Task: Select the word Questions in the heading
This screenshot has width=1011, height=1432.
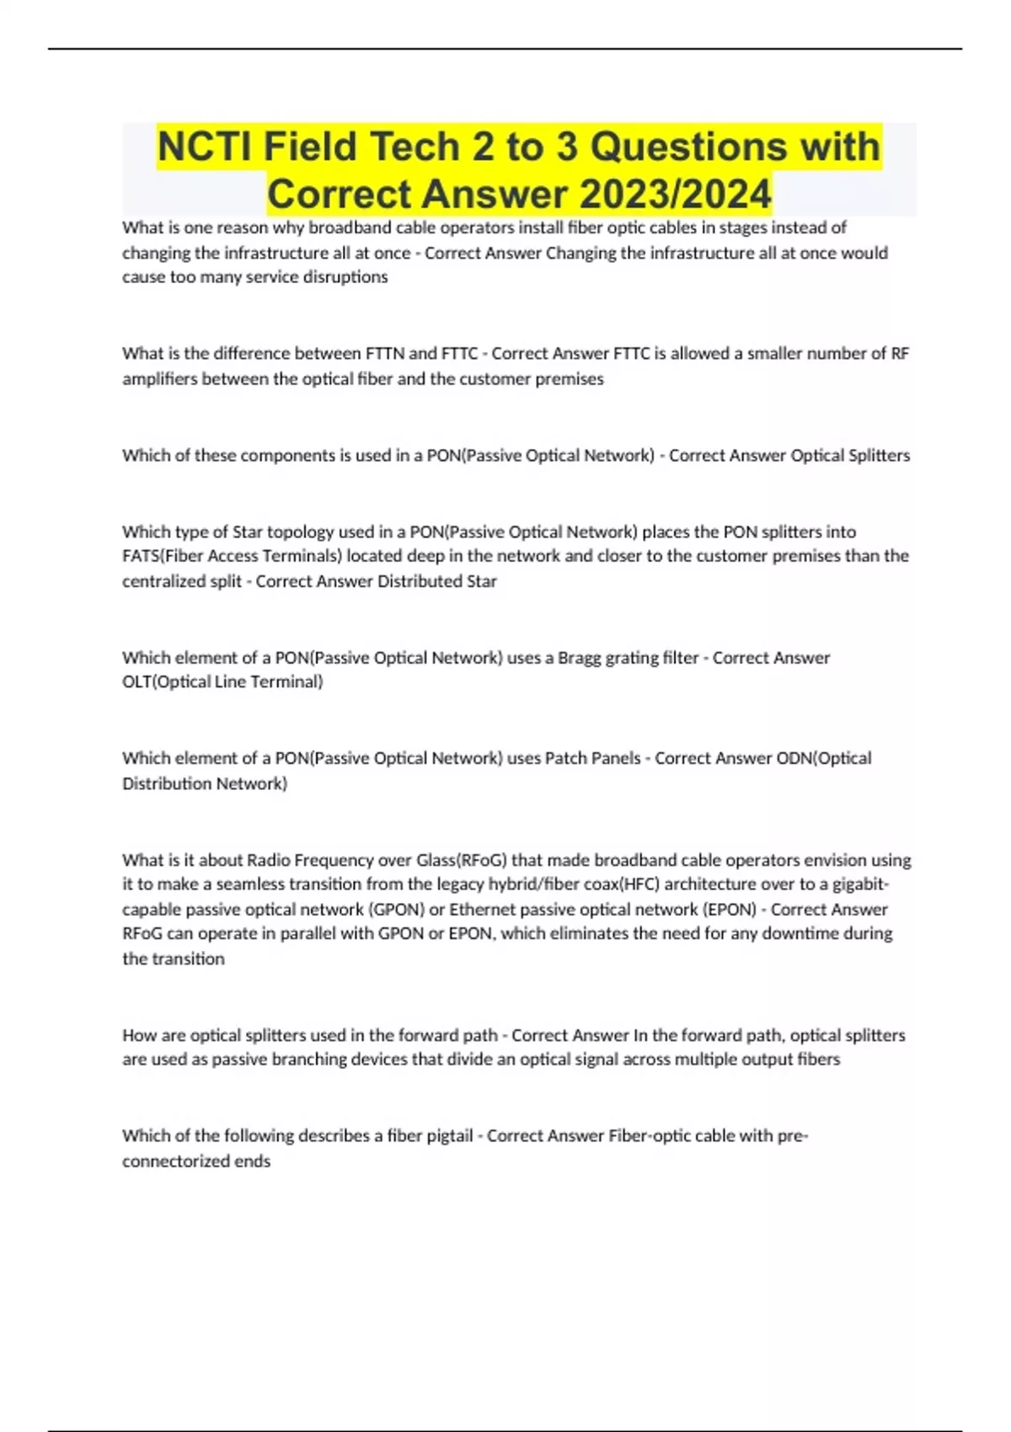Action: (687, 147)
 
